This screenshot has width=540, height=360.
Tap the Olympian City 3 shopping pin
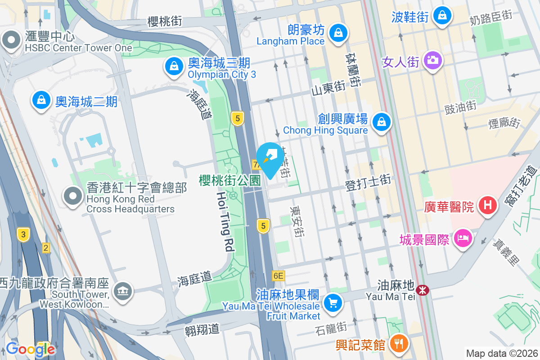(173, 67)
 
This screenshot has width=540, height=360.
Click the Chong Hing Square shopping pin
(382, 121)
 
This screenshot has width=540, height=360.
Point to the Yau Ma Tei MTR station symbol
(423, 290)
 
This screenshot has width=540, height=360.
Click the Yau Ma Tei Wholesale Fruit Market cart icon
(333, 302)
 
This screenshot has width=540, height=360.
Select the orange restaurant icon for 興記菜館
(398, 343)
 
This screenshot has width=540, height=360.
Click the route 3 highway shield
(23, 234)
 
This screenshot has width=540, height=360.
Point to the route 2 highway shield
(45, 247)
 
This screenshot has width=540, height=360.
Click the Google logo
(30, 349)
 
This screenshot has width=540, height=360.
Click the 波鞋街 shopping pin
(442, 16)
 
